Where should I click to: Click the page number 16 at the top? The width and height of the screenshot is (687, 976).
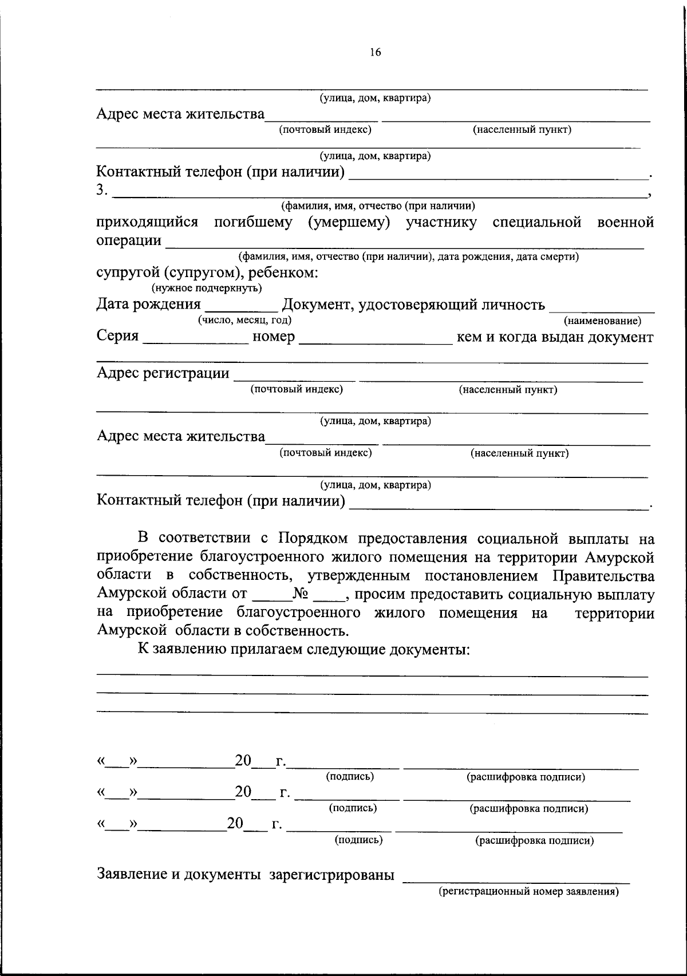click(375, 53)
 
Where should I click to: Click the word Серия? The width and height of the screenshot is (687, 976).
click(117, 337)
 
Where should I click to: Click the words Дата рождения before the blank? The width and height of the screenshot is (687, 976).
click(148, 304)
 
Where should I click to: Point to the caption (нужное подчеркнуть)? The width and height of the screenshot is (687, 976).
click(207, 287)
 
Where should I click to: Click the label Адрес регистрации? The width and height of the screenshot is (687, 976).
click(163, 373)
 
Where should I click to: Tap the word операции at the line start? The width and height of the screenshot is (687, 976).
click(128, 240)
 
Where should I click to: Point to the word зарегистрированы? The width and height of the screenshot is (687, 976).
click(332, 875)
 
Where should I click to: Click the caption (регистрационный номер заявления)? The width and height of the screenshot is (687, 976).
click(528, 891)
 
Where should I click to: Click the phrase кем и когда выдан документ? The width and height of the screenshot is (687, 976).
click(554, 337)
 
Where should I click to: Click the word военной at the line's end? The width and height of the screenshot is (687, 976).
click(625, 222)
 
